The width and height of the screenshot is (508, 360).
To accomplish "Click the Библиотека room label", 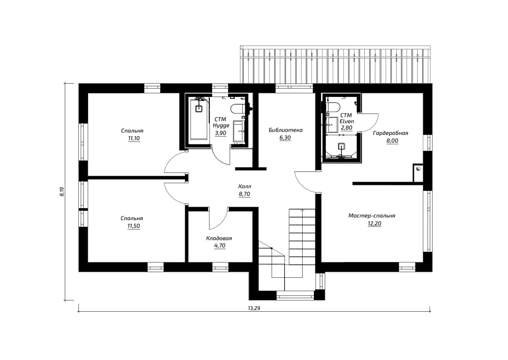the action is click(x=286, y=130).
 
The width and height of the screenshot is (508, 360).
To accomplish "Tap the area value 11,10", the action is click(x=134, y=138).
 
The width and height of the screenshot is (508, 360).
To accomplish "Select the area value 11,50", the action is click(x=134, y=226).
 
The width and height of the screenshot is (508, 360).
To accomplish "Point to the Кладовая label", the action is click(x=219, y=238).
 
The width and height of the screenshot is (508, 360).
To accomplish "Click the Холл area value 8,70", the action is click(x=244, y=194).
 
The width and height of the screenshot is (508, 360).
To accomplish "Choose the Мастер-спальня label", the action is click(x=372, y=216).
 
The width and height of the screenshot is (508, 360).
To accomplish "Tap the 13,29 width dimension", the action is click(x=254, y=308).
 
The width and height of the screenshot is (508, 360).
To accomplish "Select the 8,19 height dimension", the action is click(x=62, y=192).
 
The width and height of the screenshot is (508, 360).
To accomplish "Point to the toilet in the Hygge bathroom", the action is click(x=238, y=109).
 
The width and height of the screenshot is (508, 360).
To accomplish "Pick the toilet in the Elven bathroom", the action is click(x=333, y=107).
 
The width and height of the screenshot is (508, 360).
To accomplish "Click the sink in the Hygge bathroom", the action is click(x=239, y=131).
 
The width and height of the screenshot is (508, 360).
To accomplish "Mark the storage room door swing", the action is click(x=218, y=218).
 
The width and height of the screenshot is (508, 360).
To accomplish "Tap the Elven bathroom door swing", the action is click(x=369, y=123).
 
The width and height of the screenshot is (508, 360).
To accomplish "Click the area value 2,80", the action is click(x=347, y=127).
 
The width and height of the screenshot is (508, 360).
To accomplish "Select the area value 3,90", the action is click(x=220, y=133).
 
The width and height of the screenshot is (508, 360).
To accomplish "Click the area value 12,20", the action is click(x=374, y=224).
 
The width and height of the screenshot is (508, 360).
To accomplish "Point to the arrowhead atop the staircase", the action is click(x=302, y=211).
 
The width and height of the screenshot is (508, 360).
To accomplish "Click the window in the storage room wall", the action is click(x=220, y=267).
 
